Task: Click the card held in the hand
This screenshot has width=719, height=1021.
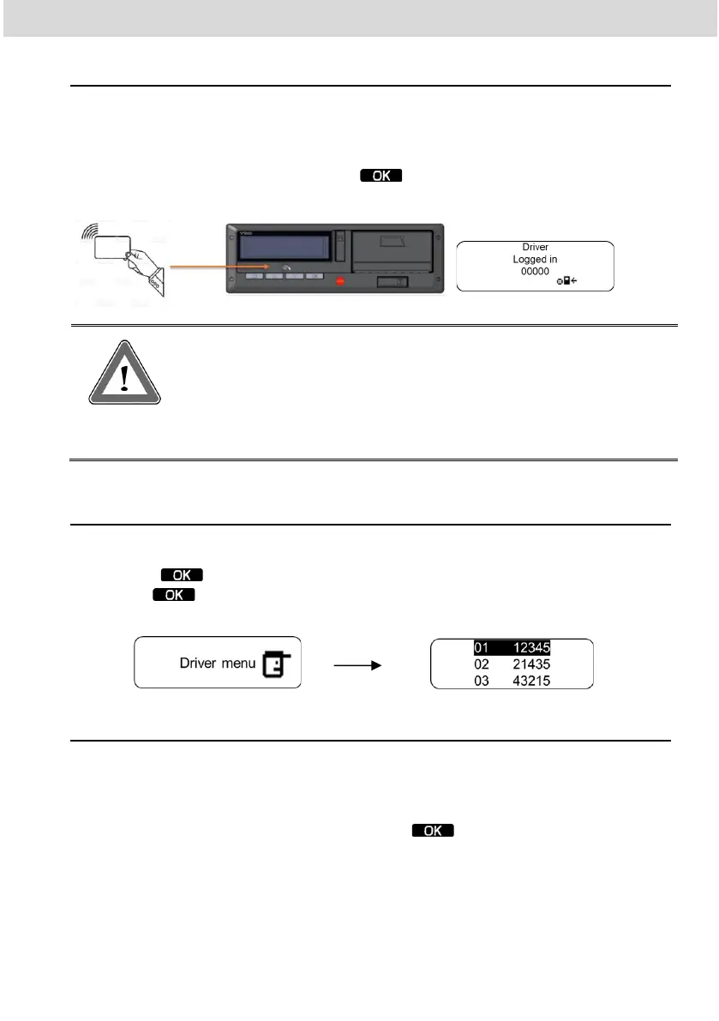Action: [x=112, y=249]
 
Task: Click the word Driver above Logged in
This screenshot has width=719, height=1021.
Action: [x=536, y=248]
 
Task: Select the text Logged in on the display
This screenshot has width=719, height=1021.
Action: [x=536, y=259]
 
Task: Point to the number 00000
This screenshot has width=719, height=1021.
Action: [x=536, y=270]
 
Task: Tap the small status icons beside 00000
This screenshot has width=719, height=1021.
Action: [x=567, y=280]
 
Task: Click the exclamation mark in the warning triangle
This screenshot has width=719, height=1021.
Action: [x=125, y=377]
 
